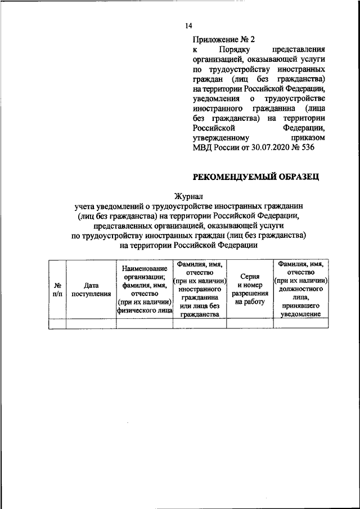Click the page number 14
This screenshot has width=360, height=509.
click(x=189, y=26)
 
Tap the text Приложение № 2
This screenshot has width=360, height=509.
click(x=224, y=39)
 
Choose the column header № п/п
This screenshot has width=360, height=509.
click(x=57, y=289)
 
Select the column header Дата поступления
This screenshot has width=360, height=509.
click(x=91, y=289)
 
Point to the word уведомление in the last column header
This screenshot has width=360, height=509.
click(x=300, y=314)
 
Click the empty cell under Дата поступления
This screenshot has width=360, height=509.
click(x=91, y=323)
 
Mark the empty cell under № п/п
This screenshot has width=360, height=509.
click(x=57, y=323)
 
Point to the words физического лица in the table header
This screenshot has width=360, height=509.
click(x=145, y=309)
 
